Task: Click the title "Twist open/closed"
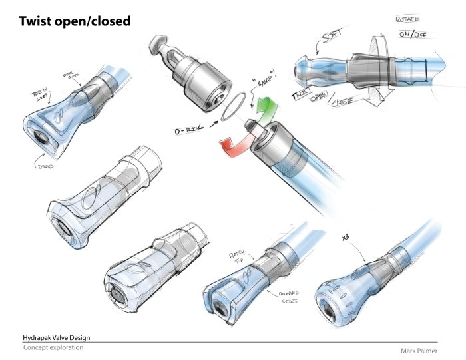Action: (x=75, y=21)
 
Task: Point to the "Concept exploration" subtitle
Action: (x=53, y=348)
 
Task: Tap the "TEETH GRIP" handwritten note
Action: (x=37, y=97)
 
